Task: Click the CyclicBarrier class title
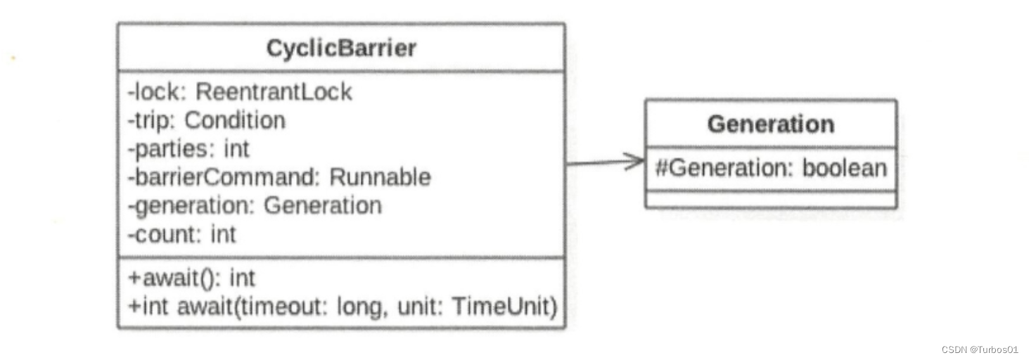[341, 48]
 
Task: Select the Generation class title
[770, 124]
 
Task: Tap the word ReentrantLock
[274, 91]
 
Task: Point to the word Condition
[235, 120]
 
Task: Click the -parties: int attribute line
[188, 148]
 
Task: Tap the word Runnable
[380, 176]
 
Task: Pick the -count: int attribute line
[181, 233]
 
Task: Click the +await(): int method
[191, 278]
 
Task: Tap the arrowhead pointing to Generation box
[635, 162]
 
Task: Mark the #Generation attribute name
[721, 167]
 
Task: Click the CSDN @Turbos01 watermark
[979, 349]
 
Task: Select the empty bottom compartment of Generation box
[770, 200]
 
